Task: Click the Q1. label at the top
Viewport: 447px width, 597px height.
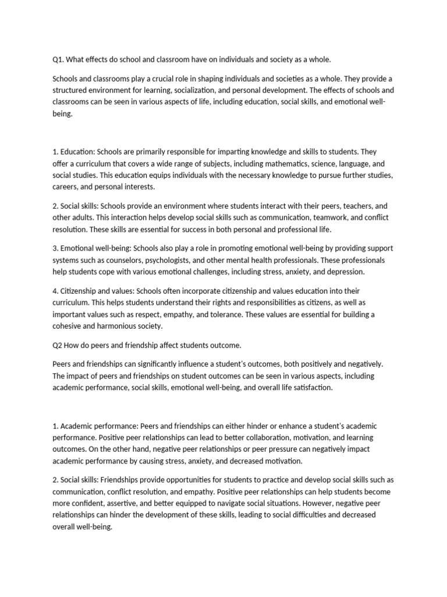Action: click(59, 59)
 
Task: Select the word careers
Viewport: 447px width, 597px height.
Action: click(66, 187)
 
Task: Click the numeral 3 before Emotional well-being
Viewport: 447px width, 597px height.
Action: click(55, 248)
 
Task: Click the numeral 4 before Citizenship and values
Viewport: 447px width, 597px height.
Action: click(55, 291)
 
